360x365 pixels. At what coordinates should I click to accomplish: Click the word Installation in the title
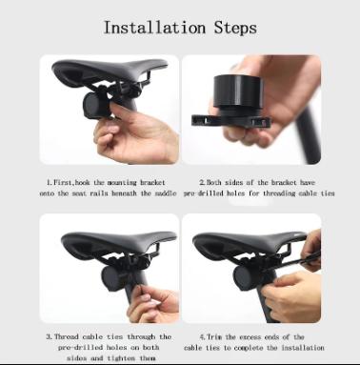pyautogui.click(x=151, y=27)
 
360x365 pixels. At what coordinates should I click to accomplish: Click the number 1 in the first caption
pyautogui.click(x=50, y=181)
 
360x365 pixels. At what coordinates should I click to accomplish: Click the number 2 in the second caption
pyautogui.click(x=202, y=181)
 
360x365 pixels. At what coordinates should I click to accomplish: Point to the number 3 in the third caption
pyautogui.click(x=49, y=336)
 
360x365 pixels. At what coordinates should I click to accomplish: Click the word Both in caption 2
pyautogui.click(x=219, y=181)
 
